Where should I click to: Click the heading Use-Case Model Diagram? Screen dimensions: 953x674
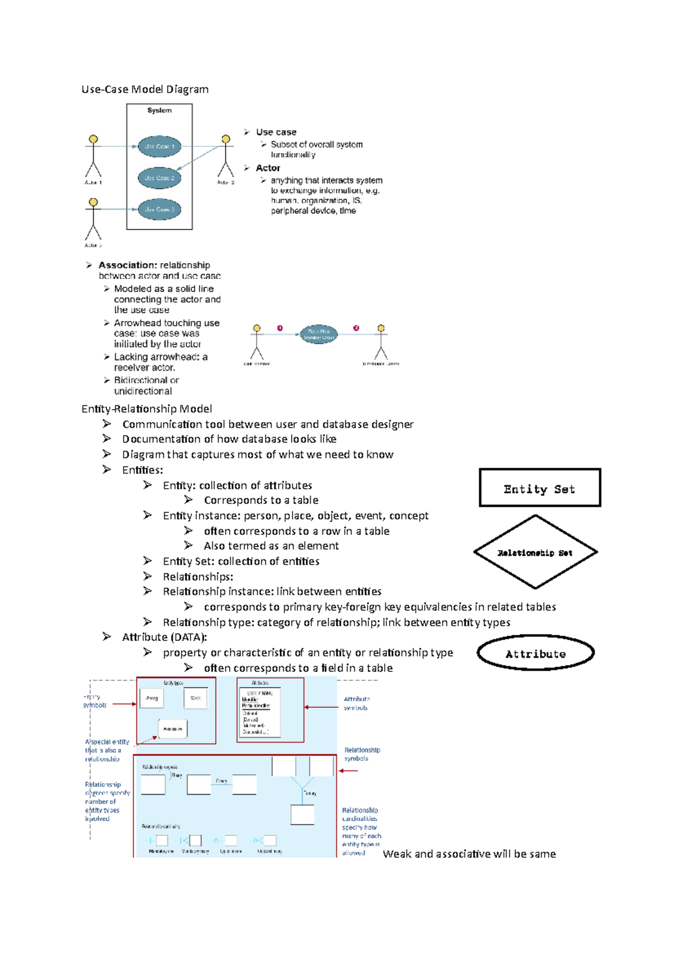click(145, 89)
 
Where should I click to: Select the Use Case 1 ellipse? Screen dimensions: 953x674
click(160, 146)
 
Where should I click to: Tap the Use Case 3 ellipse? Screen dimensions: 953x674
click(160, 209)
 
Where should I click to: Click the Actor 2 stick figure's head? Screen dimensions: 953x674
click(226, 139)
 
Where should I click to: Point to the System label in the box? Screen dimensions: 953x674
click(160, 111)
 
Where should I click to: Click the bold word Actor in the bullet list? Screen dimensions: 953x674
click(268, 168)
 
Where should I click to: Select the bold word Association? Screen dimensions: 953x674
click(127, 265)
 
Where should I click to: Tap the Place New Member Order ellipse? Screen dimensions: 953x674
click(318, 335)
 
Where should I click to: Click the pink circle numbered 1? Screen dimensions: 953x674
click(280, 328)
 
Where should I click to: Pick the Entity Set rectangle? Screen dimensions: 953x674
click(540, 488)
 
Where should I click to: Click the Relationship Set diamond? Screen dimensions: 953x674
click(535, 552)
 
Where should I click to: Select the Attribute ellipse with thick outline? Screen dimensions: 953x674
click(535, 653)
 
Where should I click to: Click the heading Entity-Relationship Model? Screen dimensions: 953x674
click(147, 409)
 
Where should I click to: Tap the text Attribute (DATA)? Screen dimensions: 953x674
click(165, 637)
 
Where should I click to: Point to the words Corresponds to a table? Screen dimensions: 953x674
click(261, 500)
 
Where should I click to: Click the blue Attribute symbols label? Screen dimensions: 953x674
click(357, 703)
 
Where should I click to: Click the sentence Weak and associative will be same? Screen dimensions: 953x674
click(469, 854)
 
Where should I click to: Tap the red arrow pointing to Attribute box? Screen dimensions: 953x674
click(321, 707)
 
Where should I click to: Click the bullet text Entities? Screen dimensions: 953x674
click(143, 470)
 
